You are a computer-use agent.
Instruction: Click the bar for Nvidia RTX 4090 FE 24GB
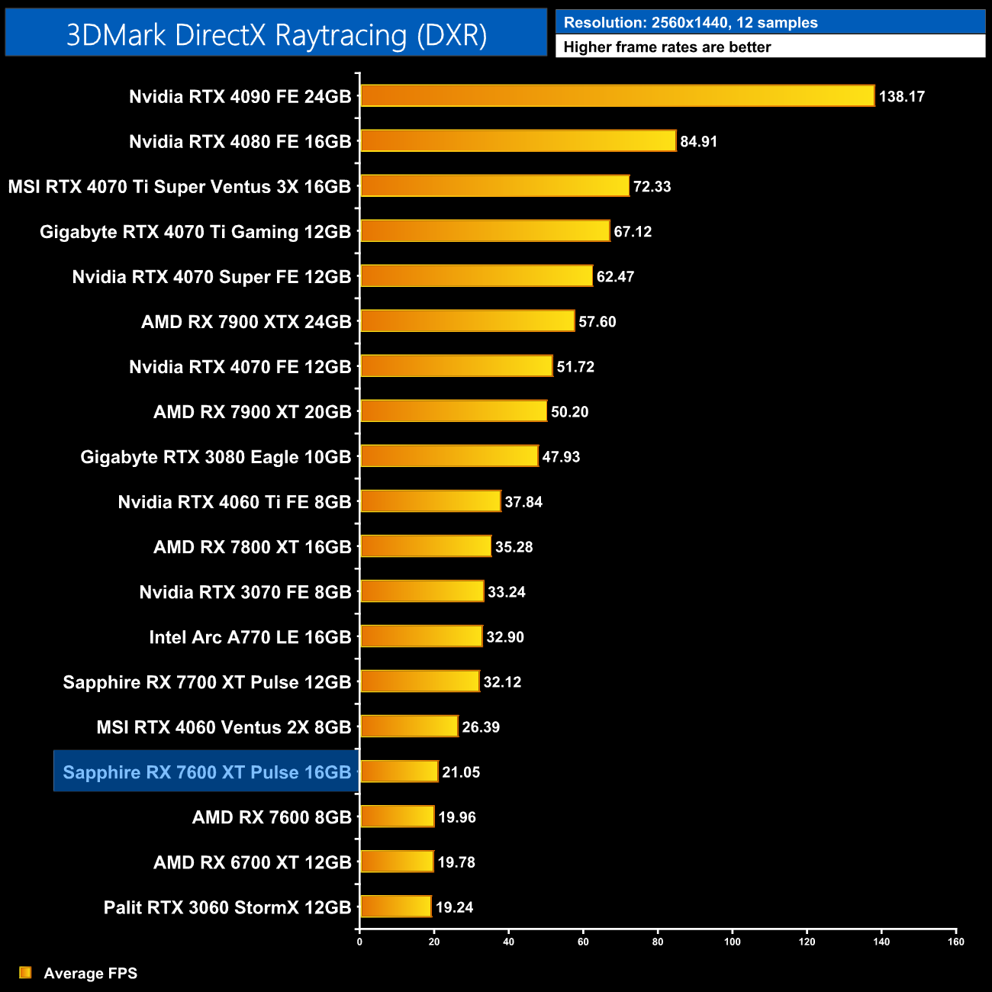click(x=617, y=96)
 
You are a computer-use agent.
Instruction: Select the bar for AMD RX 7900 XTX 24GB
click(x=467, y=321)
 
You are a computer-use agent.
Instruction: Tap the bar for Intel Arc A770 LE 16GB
click(x=421, y=636)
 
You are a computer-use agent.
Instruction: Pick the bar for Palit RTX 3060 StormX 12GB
click(x=396, y=907)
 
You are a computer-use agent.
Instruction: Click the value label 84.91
click(x=698, y=142)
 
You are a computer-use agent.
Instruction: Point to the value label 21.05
click(x=461, y=772)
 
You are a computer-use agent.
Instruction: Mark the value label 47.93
click(x=561, y=457)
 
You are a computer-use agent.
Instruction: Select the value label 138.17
click(x=901, y=97)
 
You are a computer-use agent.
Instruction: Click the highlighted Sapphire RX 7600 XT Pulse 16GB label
click(x=207, y=772)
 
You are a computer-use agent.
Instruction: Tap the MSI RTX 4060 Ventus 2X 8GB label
click(x=224, y=727)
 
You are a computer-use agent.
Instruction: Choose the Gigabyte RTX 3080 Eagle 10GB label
click(x=216, y=457)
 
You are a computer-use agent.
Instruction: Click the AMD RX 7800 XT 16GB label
click(x=253, y=547)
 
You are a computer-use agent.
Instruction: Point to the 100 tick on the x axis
click(x=733, y=942)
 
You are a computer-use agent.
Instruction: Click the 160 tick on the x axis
click(x=956, y=942)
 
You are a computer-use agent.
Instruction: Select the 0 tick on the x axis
click(x=359, y=942)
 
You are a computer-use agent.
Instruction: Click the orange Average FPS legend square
click(x=25, y=972)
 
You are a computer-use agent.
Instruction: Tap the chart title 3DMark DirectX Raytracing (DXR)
click(x=276, y=35)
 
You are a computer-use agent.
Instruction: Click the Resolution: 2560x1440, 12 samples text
click(x=690, y=23)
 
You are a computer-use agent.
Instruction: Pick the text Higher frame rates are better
click(x=667, y=47)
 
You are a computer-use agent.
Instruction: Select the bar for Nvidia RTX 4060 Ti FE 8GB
click(x=430, y=501)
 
